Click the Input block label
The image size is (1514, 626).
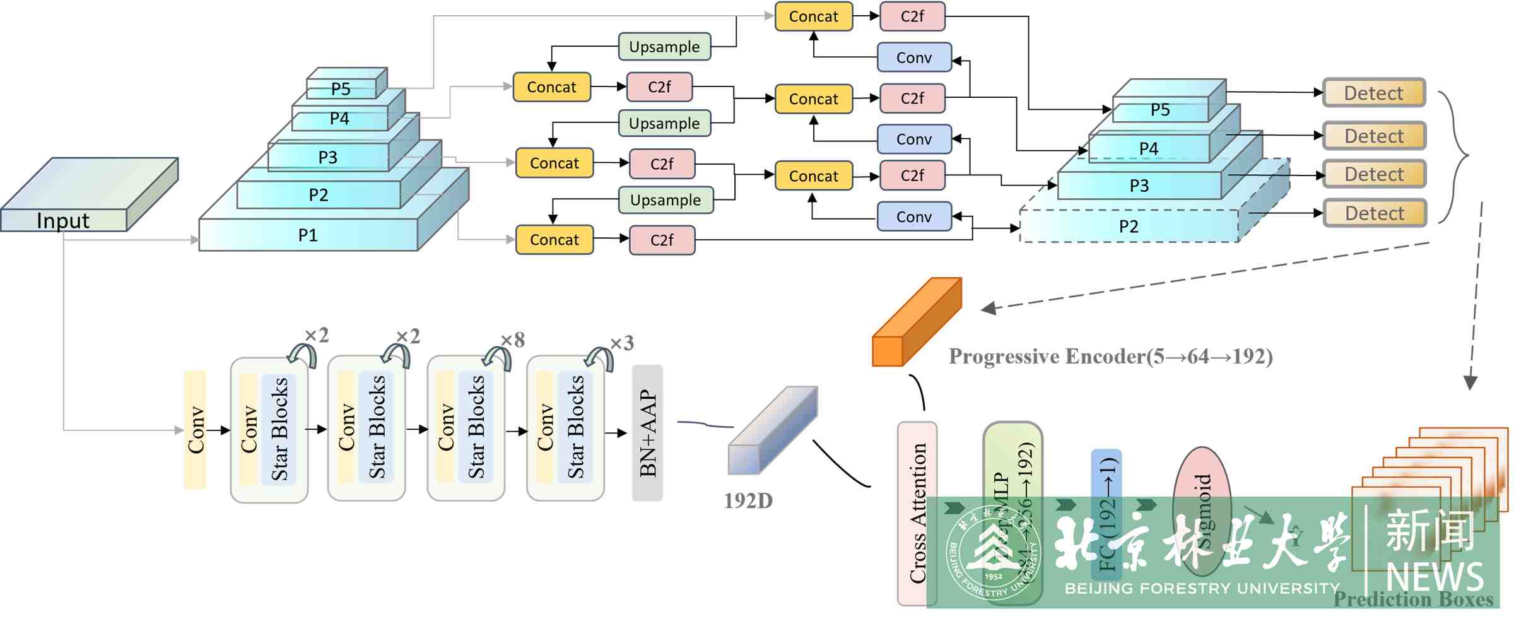point(63,220)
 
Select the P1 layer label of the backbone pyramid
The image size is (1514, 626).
point(308,235)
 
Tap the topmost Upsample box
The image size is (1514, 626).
point(664,47)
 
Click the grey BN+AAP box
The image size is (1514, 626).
point(647,433)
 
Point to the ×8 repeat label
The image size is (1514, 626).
point(512,340)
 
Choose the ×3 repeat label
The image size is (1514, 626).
point(621,343)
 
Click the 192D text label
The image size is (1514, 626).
point(748,501)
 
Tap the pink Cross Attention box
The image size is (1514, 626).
point(917,512)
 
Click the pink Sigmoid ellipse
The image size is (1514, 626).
point(1202,511)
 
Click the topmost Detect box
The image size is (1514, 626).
point(1374,93)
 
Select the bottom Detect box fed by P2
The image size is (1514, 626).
point(1375,213)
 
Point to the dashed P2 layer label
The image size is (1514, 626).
point(1129,227)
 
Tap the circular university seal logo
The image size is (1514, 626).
point(993,552)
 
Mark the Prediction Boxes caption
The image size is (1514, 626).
point(1413,599)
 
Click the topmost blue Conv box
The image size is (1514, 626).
point(914,57)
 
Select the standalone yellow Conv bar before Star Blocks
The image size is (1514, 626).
point(196,430)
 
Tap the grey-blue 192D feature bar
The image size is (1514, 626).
point(773,430)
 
